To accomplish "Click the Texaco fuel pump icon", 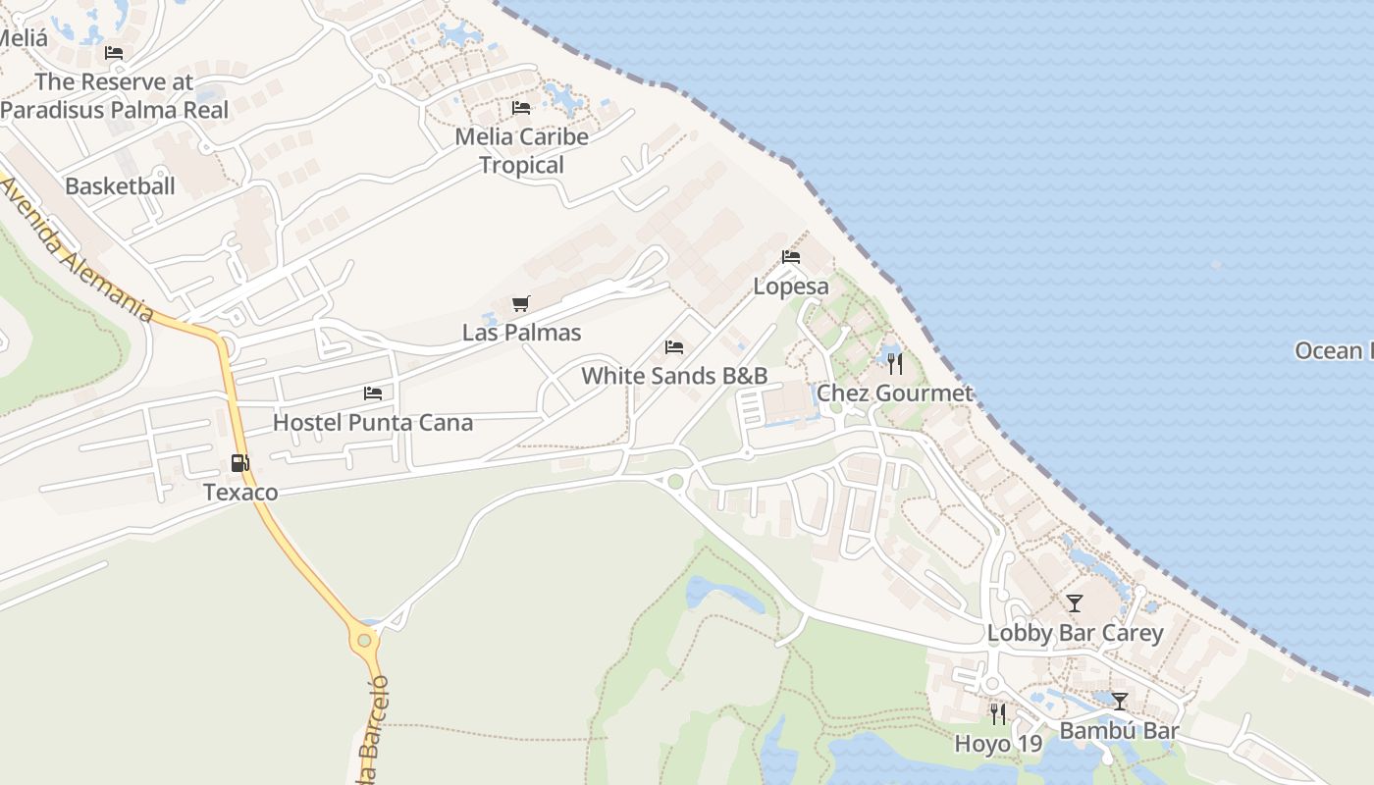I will pos(239,463).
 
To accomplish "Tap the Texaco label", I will pos(240,492).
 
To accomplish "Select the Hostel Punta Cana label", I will pos(373,423).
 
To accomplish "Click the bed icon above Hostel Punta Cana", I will pos(373,393).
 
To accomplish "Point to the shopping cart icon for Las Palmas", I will pos(521,304).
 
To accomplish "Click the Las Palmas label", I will pos(521,333).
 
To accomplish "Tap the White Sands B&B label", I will pos(674,376).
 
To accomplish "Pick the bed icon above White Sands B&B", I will pos(673,347).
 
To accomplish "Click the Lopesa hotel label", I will pos(791,287).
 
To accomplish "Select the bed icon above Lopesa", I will pos(791,257).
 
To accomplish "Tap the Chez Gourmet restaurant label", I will pos(895,393).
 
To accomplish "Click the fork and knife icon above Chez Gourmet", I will pos(894,364).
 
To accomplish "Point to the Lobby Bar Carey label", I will pos(1075,633).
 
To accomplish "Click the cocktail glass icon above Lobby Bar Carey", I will pos(1075,603).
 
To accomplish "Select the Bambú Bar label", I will pos(1119,731).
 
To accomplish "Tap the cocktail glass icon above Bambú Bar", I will pos(1119,702).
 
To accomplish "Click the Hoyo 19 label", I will pos(998,744).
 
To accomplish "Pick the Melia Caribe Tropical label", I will pos(522,151).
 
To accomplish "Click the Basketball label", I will pos(120,185).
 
